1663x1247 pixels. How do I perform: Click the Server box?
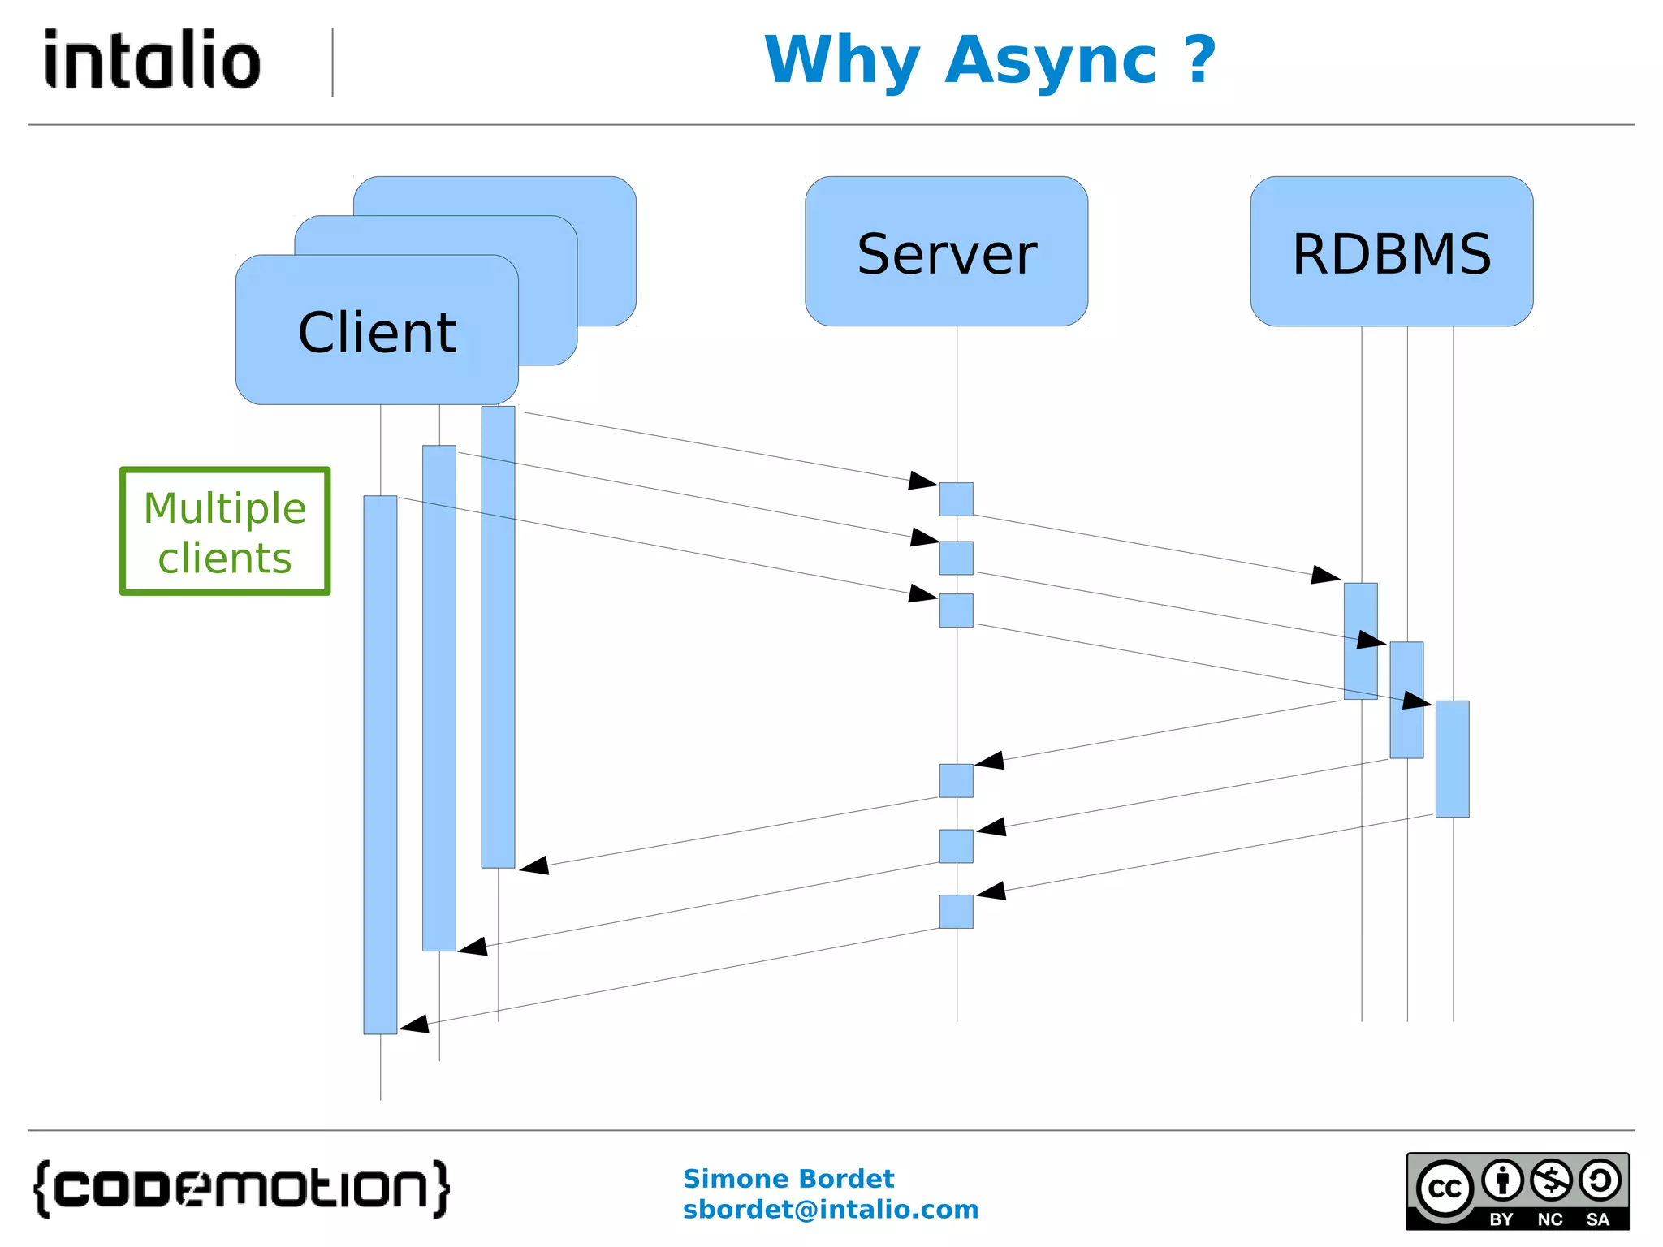tap(946, 252)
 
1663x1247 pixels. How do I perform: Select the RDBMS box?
tap(1391, 252)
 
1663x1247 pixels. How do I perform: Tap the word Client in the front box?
tap(377, 333)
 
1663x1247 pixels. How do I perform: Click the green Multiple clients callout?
tap(225, 532)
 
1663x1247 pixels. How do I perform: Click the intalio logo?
tap(152, 60)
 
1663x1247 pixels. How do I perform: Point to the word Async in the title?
tap(1051, 62)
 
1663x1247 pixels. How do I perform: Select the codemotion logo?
tap(241, 1189)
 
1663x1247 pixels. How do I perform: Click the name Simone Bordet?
tap(788, 1178)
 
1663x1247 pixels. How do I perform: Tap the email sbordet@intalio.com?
tap(830, 1210)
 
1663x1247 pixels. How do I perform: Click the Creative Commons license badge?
tap(1517, 1191)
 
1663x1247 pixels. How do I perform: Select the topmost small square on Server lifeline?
tap(956, 499)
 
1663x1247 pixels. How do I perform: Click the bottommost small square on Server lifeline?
tap(956, 912)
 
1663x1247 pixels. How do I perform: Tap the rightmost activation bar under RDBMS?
tap(1452, 759)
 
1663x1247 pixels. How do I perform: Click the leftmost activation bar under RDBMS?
tap(1360, 641)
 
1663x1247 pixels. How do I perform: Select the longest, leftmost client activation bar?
tap(380, 763)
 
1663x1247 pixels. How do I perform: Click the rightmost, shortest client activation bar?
tap(498, 637)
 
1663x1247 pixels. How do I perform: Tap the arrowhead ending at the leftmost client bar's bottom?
tap(414, 1025)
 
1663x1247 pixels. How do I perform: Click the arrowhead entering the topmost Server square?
tap(923, 481)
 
